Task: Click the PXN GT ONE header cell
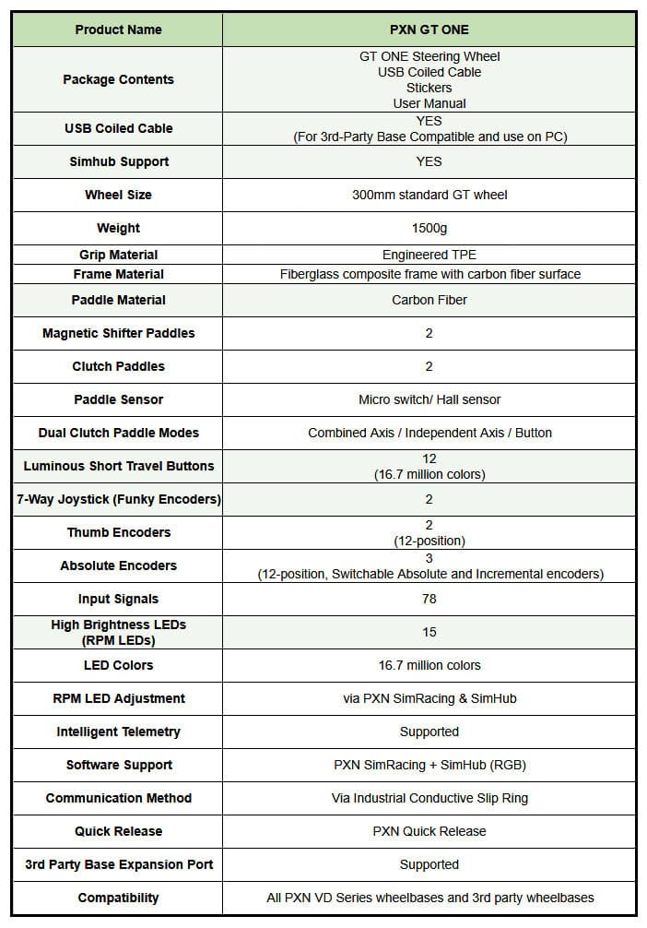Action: point(429,30)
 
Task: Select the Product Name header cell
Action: point(118,30)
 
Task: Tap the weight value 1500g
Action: point(429,228)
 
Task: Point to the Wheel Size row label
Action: point(118,195)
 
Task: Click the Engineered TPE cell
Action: point(429,255)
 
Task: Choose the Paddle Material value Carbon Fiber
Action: point(429,300)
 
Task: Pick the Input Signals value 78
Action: point(429,599)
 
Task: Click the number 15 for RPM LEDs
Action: point(429,632)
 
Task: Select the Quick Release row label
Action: point(118,831)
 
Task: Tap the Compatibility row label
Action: point(118,898)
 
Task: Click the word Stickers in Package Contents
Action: point(429,88)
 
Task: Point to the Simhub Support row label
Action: point(118,161)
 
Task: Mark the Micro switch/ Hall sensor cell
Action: point(429,399)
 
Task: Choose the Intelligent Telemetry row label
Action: point(118,732)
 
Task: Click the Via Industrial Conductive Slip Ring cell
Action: point(429,798)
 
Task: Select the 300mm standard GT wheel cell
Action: point(429,195)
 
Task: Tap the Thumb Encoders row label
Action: point(118,532)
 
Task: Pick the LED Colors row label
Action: point(118,665)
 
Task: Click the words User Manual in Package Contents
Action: point(429,103)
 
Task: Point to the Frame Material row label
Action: point(118,274)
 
